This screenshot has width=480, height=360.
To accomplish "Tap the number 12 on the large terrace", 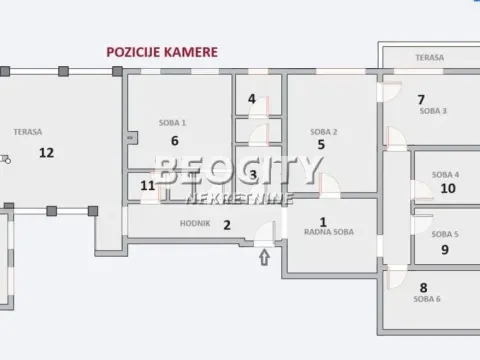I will click(x=45, y=152).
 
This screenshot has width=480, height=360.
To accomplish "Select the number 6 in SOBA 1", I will click(x=174, y=141).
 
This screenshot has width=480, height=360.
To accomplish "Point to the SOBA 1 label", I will click(x=173, y=123).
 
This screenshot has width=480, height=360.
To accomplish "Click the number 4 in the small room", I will click(x=252, y=100).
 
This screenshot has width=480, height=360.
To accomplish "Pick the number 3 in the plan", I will click(x=253, y=175).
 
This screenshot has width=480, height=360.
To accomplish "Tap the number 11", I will click(x=148, y=185).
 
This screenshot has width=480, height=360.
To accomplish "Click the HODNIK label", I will click(x=195, y=224).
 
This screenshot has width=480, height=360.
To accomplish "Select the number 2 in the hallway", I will click(x=227, y=225).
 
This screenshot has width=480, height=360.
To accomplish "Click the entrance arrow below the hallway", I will click(x=265, y=258).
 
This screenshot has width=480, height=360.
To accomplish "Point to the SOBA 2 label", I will click(x=322, y=132).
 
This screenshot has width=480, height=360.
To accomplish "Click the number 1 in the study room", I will click(x=323, y=223).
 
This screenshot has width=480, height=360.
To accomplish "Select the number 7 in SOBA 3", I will click(x=421, y=99).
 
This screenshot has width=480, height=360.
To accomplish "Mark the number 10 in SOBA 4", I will click(x=448, y=187).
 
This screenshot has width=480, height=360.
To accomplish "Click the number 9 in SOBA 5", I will click(x=445, y=250).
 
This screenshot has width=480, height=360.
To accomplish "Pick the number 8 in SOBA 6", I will click(x=423, y=287).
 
